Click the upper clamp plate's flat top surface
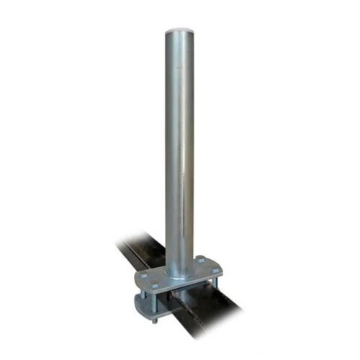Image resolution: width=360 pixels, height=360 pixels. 158,272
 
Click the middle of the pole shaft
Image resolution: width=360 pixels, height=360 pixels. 180,144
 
